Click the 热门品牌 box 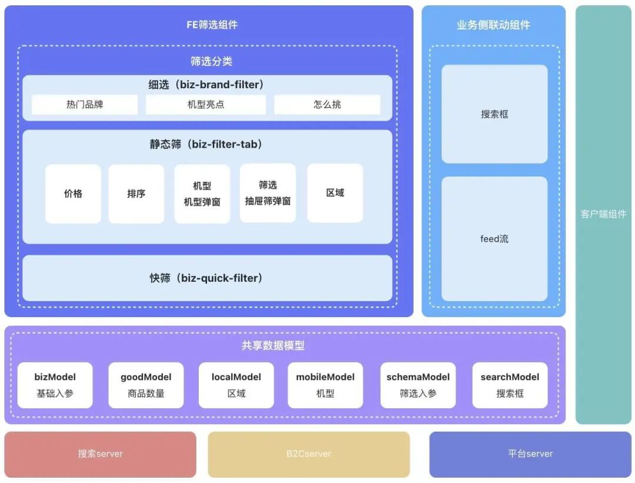pyautogui.click(x=85, y=105)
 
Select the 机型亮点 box pyautogui.click(x=206, y=105)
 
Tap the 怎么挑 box pyautogui.click(x=327, y=105)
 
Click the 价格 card pyautogui.click(x=73, y=194)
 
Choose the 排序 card pyautogui.click(x=136, y=194)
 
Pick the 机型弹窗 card pyautogui.click(x=202, y=194)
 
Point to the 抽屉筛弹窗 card pyautogui.click(x=268, y=194)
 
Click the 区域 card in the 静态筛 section pyautogui.click(x=335, y=194)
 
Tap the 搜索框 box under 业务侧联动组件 pyautogui.click(x=494, y=114)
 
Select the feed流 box pyautogui.click(x=494, y=239)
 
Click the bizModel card pyautogui.click(x=55, y=385)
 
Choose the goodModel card pyautogui.click(x=146, y=385)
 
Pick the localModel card pyautogui.click(x=236, y=385)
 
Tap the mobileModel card pyautogui.click(x=325, y=385)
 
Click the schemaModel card pyautogui.click(x=417, y=385)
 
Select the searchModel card pyautogui.click(x=510, y=385)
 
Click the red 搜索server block pyautogui.click(x=101, y=454)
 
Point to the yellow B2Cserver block pyautogui.click(x=309, y=454)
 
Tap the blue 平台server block pyautogui.click(x=530, y=454)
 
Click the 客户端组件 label pyautogui.click(x=603, y=214)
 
